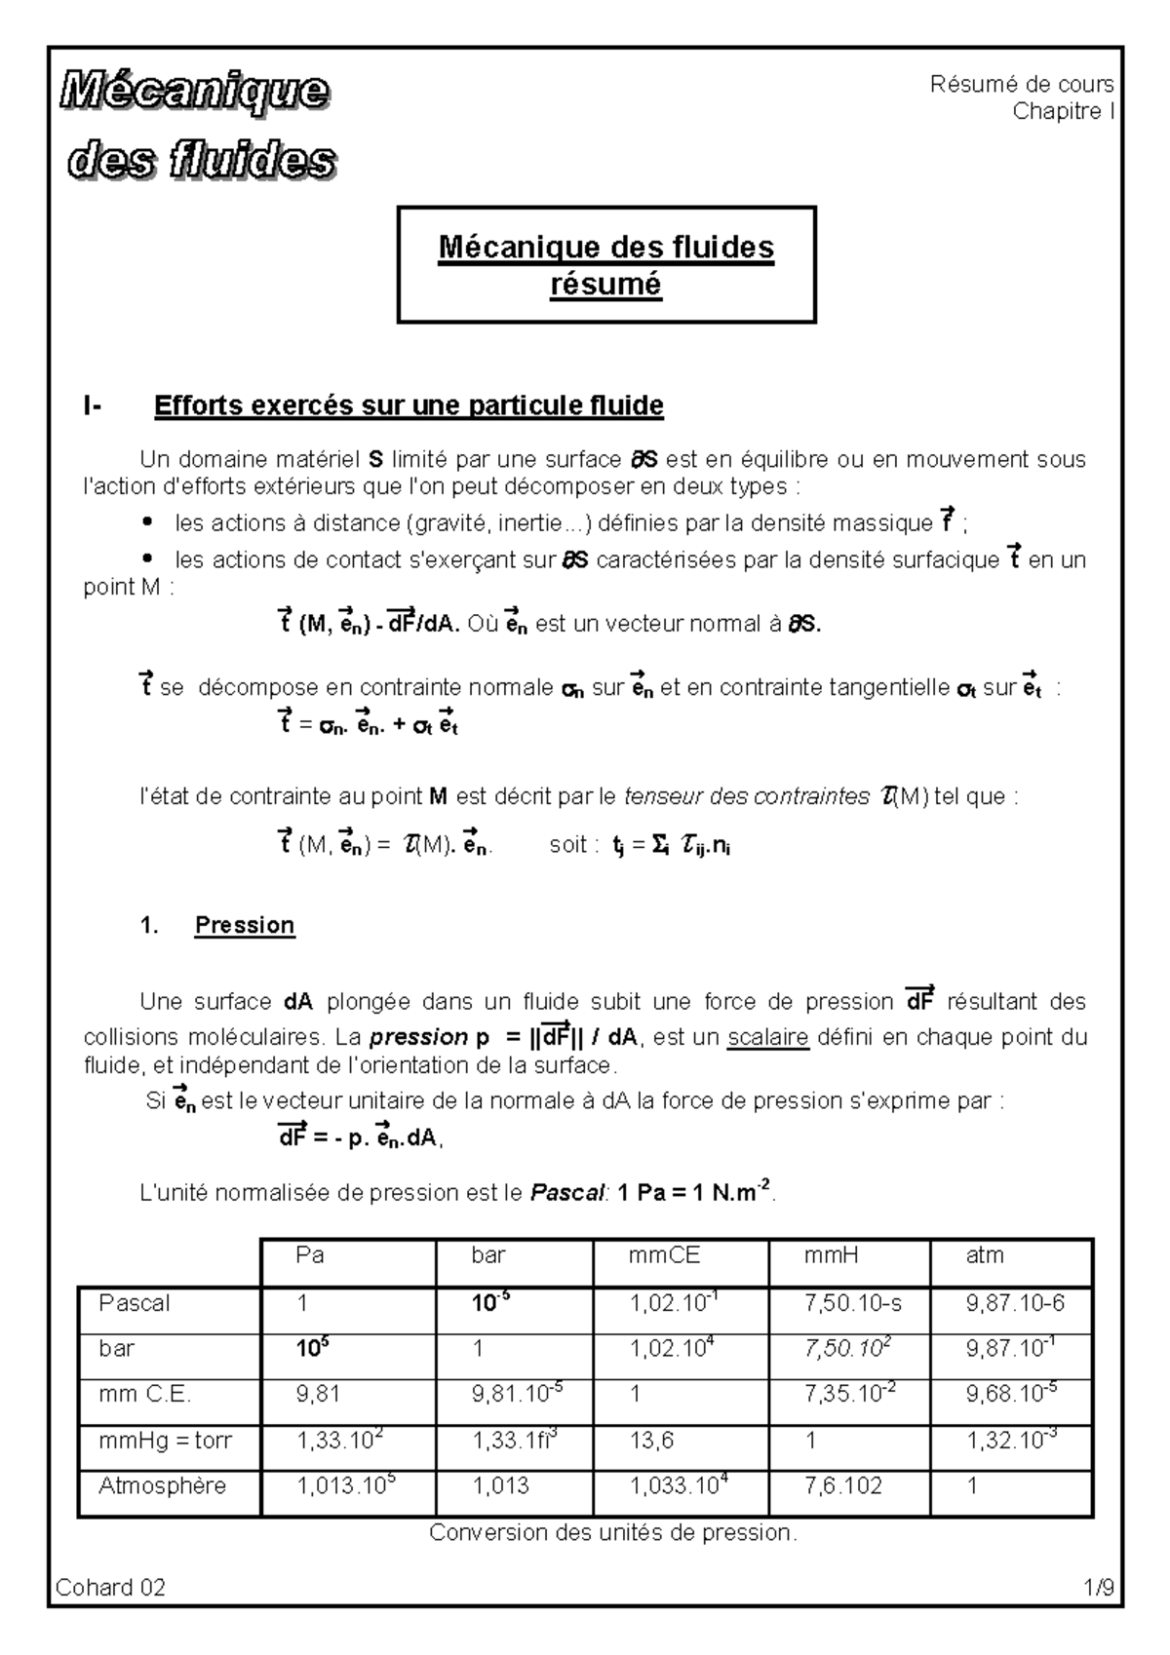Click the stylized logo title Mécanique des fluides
(200, 127)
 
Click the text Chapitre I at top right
(1063, 111)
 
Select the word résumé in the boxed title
(605, 285)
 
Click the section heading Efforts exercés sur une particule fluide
(409, 405)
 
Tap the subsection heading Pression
(245, 925)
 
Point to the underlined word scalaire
(768, 1037)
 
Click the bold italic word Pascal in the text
(568, 1192)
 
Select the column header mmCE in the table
(664, 1255)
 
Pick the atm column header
(984, 1255)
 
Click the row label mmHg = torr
(165, 1440)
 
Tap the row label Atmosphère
(162, 1485)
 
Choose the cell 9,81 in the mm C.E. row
(318, 1395)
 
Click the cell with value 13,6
(651, 1440)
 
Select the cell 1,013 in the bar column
(500, 1485)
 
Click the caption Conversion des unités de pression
(613, 1532)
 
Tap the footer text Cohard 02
(111, 1588)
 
